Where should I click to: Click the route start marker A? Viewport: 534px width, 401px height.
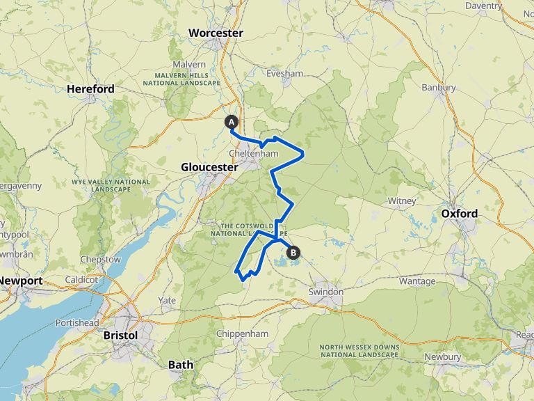pyautogui.click(x=232, y=122)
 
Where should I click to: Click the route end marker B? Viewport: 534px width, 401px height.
pyautogui.click(x=293, y=253)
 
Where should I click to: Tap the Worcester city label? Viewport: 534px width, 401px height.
pyautogui.click(x=216, y=33)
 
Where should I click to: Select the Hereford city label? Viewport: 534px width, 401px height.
pyautogui.click(x=90, y=89)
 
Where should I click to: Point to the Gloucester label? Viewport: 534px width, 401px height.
pyautogui.click(x=209, y=167)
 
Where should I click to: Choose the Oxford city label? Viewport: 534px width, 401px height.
pyautogui.click(x=460, y=213)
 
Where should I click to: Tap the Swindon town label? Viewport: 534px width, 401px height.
pyautogui.click(x=326, y=292)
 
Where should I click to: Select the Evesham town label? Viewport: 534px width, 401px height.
pyautogui.click(x=285, y=73)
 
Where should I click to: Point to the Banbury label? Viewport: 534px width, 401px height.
pyautogui.click(x=439, y=88)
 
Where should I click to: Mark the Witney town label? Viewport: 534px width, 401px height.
pyautogui.click(x=402, y=201)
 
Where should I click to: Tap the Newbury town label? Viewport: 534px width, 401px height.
pyautogui.click(x=443, y=356)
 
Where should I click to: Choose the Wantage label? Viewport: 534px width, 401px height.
pyautogui.click(x=417, y=281)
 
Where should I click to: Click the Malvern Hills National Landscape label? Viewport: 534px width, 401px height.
pyautogui.click(x=181, y=79)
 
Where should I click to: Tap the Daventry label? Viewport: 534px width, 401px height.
pyautogui.click(x=503, y=6)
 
